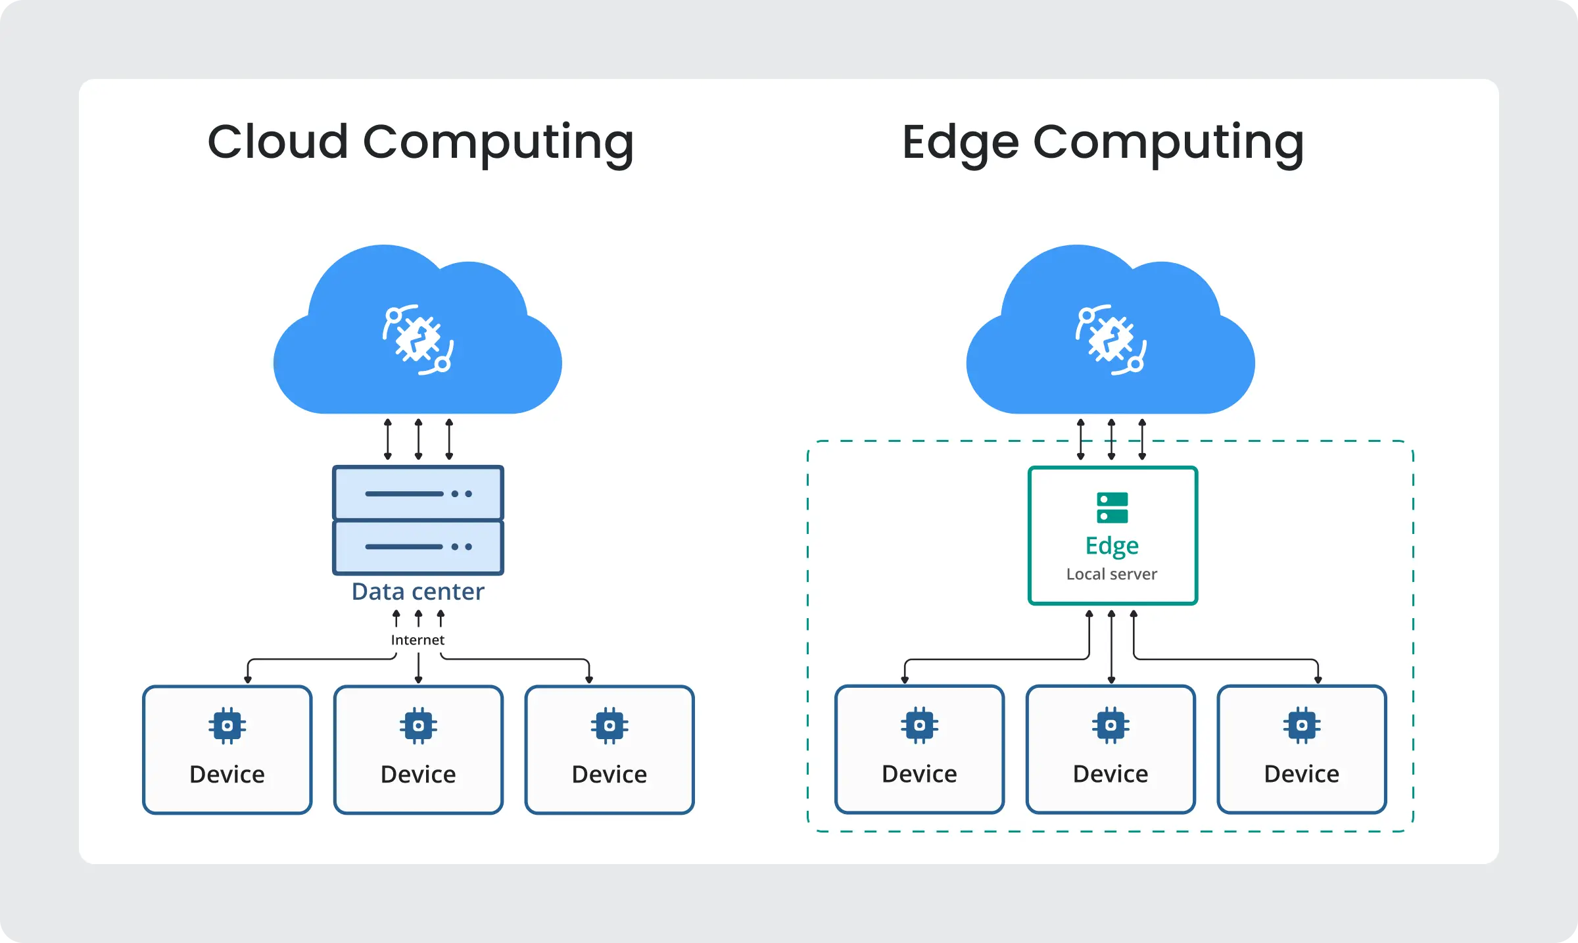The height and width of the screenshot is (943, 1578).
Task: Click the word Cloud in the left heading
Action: (x=277, y=142)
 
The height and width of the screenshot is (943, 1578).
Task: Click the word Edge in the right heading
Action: (x=960, y=143)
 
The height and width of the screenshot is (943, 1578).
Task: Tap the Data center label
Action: (x=418, y=592)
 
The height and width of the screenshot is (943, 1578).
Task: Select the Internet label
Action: (x=418, y=640)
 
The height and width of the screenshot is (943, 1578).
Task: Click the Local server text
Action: (x=1111, y=574)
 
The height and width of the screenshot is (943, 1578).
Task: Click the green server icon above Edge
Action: (x=1112, y=508)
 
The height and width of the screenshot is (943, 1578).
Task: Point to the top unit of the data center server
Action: (x=418, y=493)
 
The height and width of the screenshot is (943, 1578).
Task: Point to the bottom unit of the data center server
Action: (x=418, y=546)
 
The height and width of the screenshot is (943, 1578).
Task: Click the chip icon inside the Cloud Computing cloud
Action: (x=418, y=339)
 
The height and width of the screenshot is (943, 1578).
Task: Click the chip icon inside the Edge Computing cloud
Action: (x=1111, y=339)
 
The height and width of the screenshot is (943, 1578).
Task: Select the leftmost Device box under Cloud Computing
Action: (x=227, y=750)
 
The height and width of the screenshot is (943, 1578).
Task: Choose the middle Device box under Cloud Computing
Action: (x=418, y=750)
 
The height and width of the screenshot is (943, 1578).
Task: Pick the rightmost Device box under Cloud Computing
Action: (x=610, y=750)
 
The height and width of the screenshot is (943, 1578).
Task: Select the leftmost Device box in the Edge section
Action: (x=919, y=750)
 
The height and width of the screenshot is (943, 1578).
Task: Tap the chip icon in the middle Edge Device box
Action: (x=1111, y=725)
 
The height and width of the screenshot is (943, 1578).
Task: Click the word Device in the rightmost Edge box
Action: (x=1301, y=774)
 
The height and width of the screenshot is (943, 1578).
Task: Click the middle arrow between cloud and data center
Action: (x=419, y=439)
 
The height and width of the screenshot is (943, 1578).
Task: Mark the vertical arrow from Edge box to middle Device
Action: (x=1111, y=648)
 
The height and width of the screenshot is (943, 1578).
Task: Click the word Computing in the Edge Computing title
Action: (x=1168, y=143)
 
